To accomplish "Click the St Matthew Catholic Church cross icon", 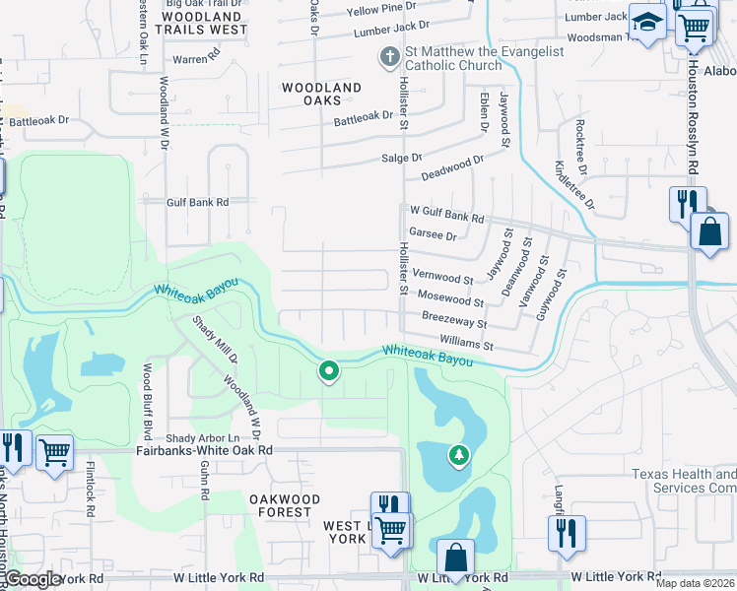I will point(389,58).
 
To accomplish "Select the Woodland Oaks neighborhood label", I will point(321,94).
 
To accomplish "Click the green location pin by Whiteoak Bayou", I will point(328,371).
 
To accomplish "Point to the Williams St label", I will point(467,346).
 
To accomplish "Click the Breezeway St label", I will point(454,322).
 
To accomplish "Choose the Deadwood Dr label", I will point(452,166).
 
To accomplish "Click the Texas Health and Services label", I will point(683,481).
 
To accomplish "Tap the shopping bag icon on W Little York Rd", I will point(456,558).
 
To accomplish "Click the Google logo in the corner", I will point(32,579).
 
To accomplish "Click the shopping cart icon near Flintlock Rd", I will point(55,453).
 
